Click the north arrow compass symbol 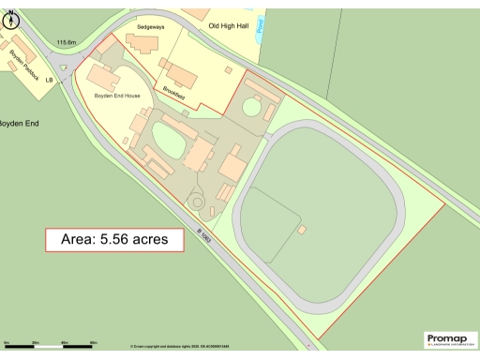pyautogui.click(x=13, y=18)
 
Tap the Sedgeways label pyautogui.click(x=150, y=27)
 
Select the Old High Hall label pyautogui.click(x=229, y=25)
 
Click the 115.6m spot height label pyautogui.click(x=67, y=42)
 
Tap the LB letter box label pyautogui.click(x=62, y=81)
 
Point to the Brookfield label pyautogui.click(x=173, y=95)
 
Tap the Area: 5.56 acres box pyautogui.click(x=114, y=239)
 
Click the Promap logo pyautogui.click(x=450, y=339)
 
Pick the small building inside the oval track pyautogui.click(x=302, y=229)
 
